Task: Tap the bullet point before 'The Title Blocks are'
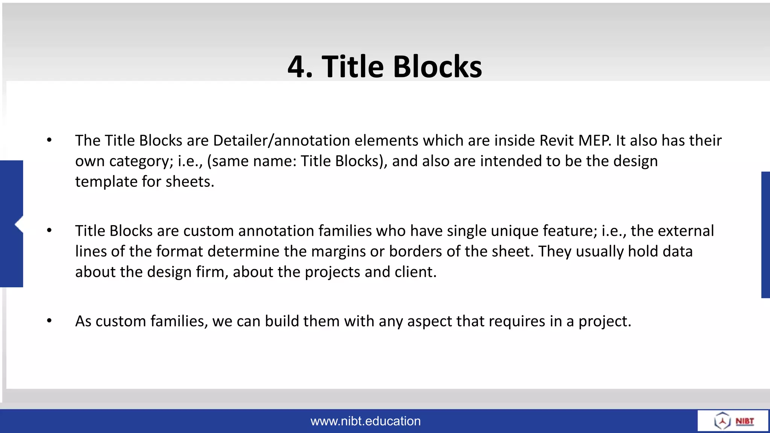tap(49, 140)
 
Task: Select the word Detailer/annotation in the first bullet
tap(281, 141)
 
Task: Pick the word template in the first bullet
tap(106, 182)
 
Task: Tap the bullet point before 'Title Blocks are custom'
tap(49, 230)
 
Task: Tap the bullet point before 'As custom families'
tap(49, 321)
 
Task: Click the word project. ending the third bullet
tap(605, 321)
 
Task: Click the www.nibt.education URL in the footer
tap(365, 421)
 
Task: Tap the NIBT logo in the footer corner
tap(733, 421)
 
